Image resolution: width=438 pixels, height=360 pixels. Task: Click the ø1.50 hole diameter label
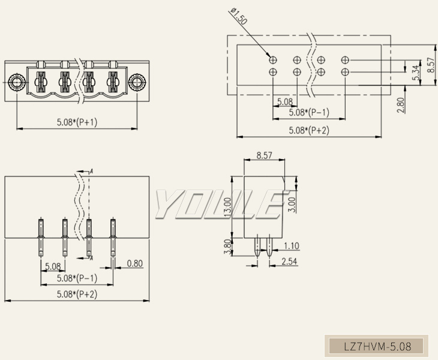click(x=238, y=17)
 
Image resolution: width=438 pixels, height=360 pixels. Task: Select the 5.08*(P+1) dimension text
click(x=77, y=122)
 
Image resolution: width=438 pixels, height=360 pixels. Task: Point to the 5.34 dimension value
click(x=415, y=72)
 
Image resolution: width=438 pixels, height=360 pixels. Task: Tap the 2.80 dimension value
click(x=401, y=105)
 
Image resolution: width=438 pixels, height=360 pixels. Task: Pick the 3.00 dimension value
click(x=292, y=204)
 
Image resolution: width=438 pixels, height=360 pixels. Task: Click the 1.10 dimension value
click(x=292, y=245)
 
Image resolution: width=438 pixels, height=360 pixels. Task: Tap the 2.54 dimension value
click(x=290, y=261)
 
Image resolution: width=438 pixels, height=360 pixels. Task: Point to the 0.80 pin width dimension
click(x=135, y=263)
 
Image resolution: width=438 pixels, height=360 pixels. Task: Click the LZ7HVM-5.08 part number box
click(x=377, y=346)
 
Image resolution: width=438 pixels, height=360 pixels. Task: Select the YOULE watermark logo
click(x=218, y=205)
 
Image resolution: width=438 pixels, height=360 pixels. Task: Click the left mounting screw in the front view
click(x=16, y=82)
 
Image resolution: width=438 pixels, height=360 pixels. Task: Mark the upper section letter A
click(x=92, y=172)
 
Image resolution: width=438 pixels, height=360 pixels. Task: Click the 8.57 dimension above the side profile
click(x=264, y=155)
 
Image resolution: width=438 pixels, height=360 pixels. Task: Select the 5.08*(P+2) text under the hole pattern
click(x=308, y=130)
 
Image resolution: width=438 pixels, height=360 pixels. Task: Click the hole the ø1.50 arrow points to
click(x=273, y=60)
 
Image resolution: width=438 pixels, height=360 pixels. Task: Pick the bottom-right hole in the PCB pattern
click(x=344, y=72)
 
